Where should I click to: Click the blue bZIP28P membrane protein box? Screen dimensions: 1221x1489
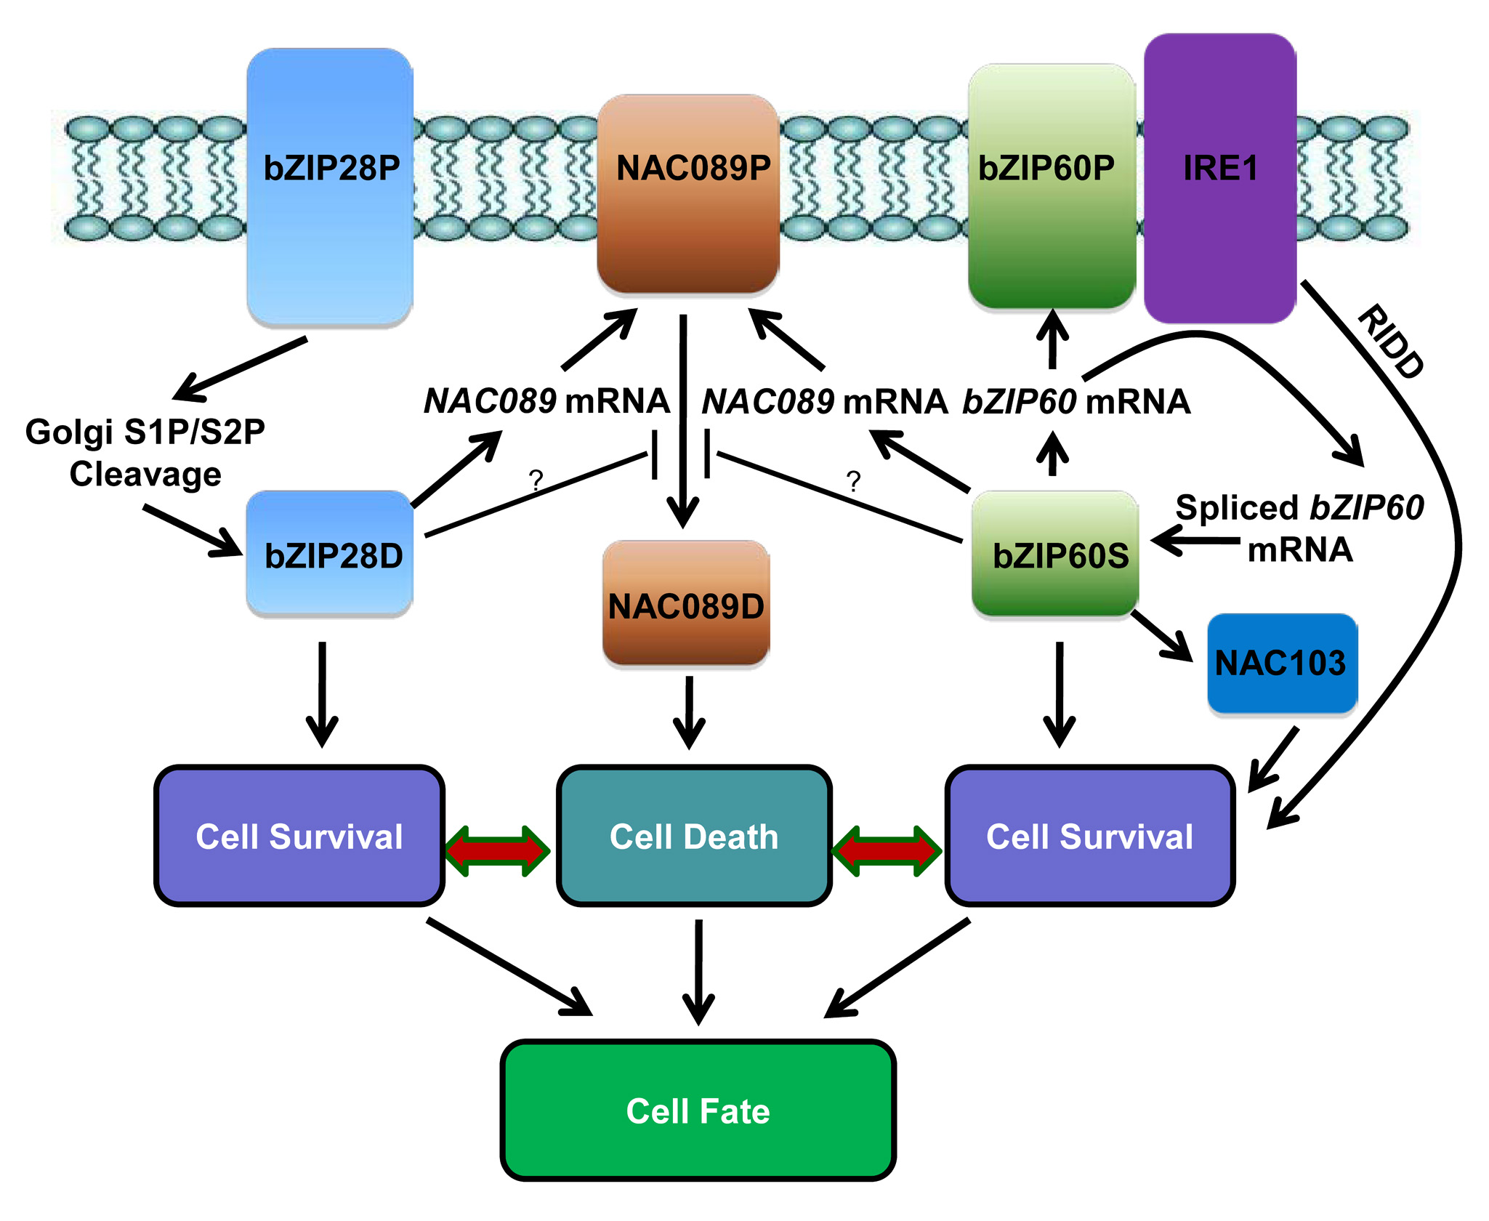coord(330,187)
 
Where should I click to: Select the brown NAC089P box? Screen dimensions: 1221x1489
coord(688,193)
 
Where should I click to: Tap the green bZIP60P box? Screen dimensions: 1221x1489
coord(1051,187)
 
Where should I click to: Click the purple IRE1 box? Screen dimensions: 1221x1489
coord(1219,178)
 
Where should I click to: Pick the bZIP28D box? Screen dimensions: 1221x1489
coord(330,554)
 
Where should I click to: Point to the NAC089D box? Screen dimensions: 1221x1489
coord(686,603)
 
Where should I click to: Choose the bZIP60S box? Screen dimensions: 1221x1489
coord(1055,554)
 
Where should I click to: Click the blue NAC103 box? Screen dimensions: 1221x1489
coord(1282,663)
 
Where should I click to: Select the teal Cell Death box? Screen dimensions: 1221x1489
coord(694,836)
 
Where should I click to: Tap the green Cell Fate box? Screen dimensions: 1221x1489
coord(698,1111)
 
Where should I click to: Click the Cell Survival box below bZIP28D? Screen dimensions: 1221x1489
coord(299,836)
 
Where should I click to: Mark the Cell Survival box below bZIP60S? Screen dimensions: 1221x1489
coord(1090,836)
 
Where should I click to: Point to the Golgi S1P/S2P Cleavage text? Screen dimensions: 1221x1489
coord(145,453)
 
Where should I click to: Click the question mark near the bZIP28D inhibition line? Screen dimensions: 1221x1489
coord(536,480)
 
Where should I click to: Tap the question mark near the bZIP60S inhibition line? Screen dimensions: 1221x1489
coord(854,481)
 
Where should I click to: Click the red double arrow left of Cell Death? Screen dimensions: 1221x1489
coord(497,850)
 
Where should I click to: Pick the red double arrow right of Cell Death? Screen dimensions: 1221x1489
coord(887,850)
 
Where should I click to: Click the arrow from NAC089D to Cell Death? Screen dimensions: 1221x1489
coord(689,712)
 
